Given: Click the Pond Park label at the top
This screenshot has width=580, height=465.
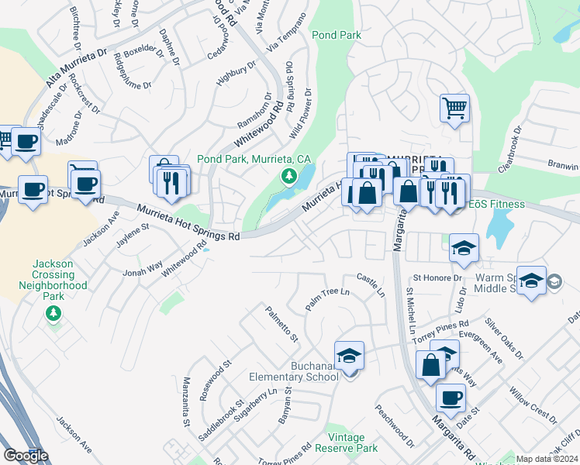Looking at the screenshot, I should pos(336,36).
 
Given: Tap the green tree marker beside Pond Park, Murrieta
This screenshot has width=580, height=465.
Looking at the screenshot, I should pos(289,177).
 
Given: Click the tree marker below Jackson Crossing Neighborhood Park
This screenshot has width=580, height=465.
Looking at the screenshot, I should pos(53,314).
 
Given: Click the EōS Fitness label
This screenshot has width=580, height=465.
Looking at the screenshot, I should pos(496,204).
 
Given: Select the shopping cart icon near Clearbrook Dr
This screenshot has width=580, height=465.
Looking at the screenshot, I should pos(454,107).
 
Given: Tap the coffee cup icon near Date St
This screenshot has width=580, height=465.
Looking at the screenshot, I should pos(450,398).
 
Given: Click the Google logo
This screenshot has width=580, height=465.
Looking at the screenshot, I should pos(26,456).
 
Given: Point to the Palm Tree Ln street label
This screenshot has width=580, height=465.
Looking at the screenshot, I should pos(327,298).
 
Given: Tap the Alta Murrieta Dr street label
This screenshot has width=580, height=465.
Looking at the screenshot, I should pos(76,67).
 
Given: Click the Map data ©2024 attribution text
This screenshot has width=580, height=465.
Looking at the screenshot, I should pos(546,459).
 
